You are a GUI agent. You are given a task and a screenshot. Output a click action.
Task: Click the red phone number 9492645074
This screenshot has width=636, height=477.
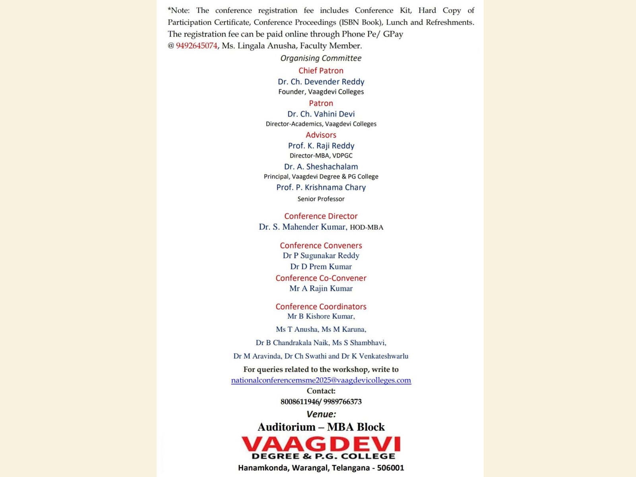[196, 46]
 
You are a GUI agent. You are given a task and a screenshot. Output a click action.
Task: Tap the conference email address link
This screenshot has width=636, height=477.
[321, 380]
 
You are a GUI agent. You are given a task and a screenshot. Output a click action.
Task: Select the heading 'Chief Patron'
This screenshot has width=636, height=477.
[321, 71]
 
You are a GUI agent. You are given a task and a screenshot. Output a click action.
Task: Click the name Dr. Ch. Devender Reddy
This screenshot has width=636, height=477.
[321, 81]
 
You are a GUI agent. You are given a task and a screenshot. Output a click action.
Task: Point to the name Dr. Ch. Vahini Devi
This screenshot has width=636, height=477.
[321, 114]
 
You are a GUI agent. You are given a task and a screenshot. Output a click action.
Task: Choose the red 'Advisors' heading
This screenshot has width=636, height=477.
[321, 135]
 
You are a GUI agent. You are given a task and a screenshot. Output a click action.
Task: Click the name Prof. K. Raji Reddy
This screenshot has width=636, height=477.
[321, 146]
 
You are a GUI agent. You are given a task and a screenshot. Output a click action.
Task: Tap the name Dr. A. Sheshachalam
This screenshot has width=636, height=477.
[321, 167]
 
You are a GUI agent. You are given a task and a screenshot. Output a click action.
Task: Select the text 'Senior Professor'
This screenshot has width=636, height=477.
[321, 199]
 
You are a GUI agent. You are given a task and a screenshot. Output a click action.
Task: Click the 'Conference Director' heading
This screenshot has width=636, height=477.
[321, 216]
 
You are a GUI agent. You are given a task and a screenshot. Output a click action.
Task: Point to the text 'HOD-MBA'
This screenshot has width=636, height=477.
[366, 227]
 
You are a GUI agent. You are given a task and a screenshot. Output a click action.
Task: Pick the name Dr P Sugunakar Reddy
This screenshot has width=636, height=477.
[321, 256]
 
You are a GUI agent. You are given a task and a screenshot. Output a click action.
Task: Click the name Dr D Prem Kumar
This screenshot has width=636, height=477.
[321, 267]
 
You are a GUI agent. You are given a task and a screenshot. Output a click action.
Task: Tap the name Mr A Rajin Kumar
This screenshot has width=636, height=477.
[321, 289]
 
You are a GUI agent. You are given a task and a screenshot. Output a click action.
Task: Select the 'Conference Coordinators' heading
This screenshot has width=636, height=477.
[321, 306]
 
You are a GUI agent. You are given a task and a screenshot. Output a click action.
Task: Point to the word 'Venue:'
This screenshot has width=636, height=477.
[321, 414]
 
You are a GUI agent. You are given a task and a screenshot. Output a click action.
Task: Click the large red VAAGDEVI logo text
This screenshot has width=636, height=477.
[321, 444]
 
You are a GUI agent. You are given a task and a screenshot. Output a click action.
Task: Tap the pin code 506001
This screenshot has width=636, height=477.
[390, 468]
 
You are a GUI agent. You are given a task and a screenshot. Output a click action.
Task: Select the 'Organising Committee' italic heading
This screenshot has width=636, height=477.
[321, 58]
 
